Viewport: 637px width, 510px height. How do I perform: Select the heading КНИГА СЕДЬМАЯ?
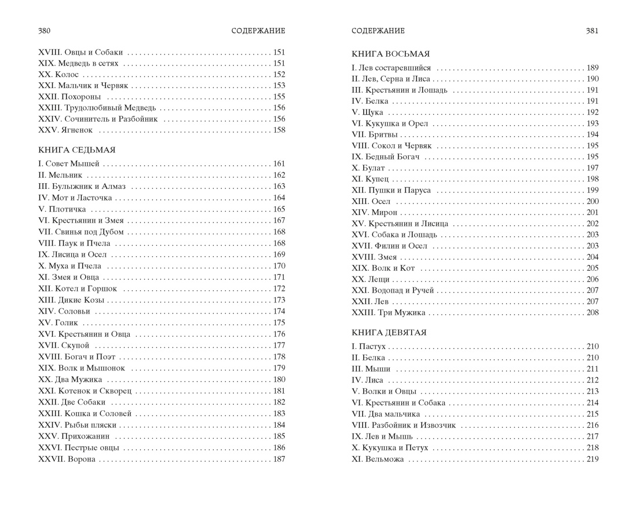(x=76, y=150)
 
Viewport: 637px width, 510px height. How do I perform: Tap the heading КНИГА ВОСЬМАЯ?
(x=390, y=54)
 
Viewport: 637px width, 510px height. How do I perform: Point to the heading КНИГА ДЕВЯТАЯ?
(x=389, y=333)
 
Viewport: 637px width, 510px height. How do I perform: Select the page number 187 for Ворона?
(x=279, y=460)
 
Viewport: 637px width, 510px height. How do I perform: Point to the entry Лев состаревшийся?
(x=400, y=68)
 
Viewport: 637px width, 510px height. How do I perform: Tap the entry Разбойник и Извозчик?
(x=411, y=425)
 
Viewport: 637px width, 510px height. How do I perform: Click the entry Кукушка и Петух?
(x=397, y=448)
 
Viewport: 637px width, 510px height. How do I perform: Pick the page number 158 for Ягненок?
(x=279, y=130)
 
